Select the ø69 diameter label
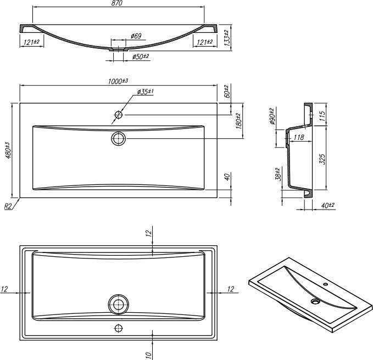(136, 36)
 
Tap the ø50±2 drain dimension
(141, 57)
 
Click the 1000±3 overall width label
(118, 81)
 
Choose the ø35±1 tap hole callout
(146, 92)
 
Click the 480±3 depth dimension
(8, 150)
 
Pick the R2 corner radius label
(8, 206)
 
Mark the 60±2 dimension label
(227, 91)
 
